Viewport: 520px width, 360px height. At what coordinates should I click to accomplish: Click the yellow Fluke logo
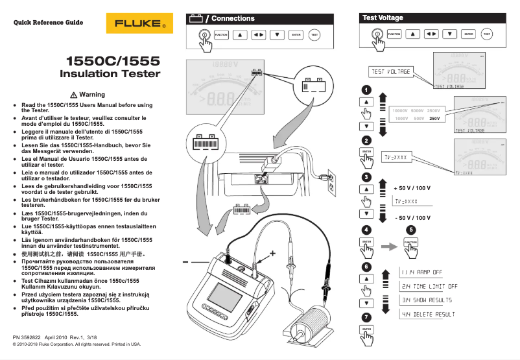[x=140, y=24]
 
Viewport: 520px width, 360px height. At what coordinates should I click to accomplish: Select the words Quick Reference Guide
[x=44, y=22]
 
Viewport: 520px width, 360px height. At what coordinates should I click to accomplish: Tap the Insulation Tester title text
[x=110, y=74]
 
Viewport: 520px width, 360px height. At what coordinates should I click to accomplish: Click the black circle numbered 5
[x=410, y=230]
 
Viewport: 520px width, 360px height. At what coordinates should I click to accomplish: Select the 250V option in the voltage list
[x=434, y=119]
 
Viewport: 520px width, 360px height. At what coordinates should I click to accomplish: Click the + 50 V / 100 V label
[x=412, y=188]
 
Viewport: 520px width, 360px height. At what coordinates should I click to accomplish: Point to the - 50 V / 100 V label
[x=412, y=218]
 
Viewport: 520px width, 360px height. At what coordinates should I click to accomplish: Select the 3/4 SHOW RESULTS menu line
[x=426, y=300]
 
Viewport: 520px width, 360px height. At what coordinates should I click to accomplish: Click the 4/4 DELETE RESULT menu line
[x=426, y=314]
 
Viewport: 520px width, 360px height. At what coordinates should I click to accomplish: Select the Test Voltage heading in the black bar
[x=382, y=18]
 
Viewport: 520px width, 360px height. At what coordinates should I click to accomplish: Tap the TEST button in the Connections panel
[x=314, y=34]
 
